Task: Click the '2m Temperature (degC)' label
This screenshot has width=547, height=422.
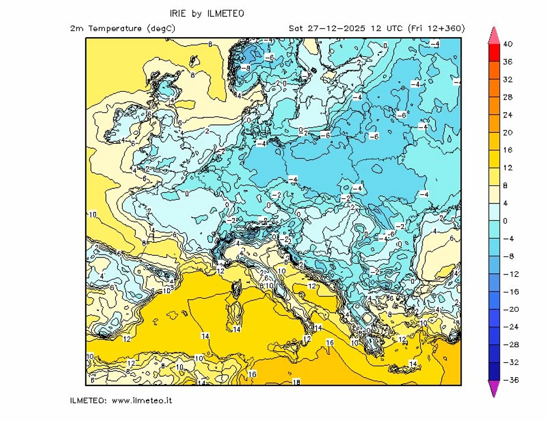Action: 122,28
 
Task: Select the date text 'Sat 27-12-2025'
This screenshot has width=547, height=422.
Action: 324,28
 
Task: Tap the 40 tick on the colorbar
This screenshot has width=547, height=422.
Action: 507,44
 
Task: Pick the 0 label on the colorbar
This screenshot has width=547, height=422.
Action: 506,221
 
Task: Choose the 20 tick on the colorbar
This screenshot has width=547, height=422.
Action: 507,133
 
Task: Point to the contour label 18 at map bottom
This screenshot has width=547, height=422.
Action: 296,382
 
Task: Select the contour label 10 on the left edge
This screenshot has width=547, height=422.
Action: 92,214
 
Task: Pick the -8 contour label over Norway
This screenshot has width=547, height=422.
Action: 246,67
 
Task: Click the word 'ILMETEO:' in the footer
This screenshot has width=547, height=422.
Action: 87,400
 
